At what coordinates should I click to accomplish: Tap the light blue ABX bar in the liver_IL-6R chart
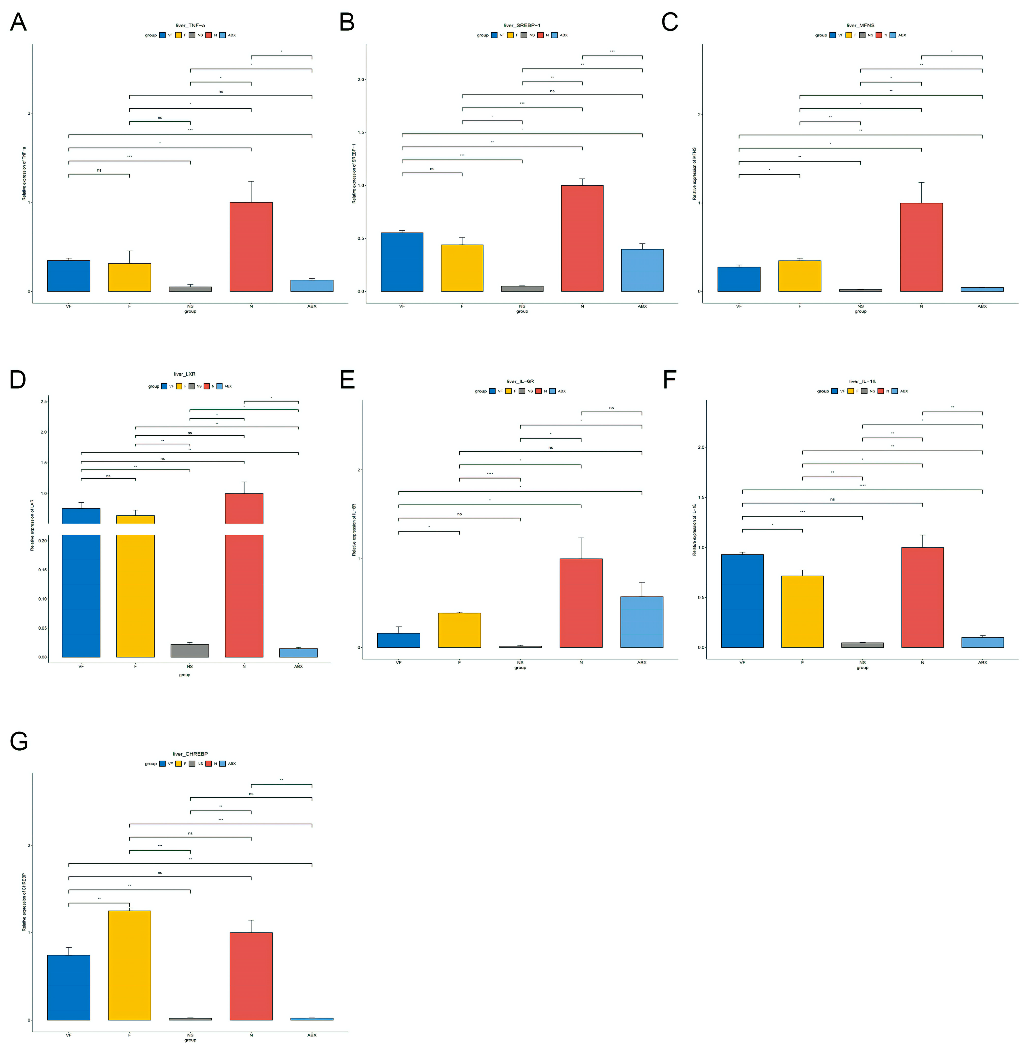[642, 622]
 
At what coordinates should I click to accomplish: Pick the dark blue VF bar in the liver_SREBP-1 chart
[402, 262]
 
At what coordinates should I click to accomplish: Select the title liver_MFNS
[860, 26]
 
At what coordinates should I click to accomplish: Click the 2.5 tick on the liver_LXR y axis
[43, 401]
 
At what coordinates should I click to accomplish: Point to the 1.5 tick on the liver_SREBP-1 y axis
[361, 133]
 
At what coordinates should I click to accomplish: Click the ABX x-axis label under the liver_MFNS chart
[982, 306]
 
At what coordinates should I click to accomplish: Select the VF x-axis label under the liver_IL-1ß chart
[742, 662]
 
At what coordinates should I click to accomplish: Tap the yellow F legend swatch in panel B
[510, 35]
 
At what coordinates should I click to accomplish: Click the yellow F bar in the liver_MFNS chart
[799, 276]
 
